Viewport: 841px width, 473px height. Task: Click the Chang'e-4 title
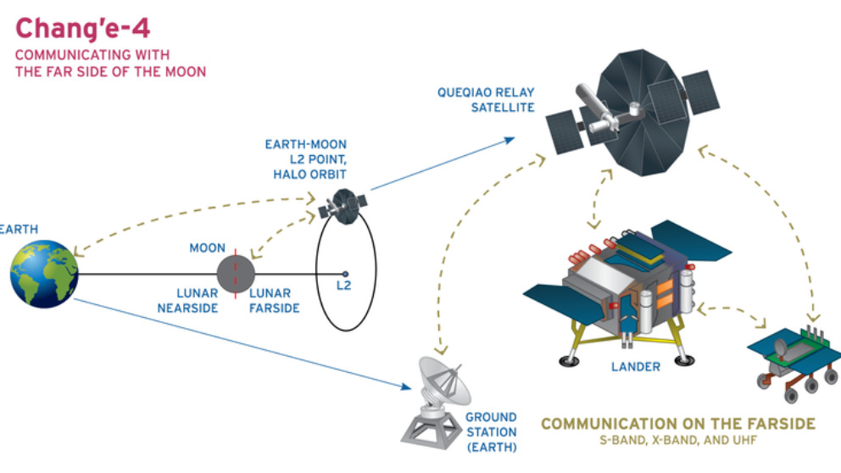83,29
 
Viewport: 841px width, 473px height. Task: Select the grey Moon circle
236,273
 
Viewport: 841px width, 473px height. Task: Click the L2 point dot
345,273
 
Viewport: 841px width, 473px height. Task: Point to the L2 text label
343,287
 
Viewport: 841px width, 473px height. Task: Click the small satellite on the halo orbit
343,203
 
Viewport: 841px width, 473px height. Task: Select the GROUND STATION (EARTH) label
491,431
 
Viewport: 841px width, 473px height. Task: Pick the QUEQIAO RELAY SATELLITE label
486,99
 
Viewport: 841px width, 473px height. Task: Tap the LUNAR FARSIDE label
274,301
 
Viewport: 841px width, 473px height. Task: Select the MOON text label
207,248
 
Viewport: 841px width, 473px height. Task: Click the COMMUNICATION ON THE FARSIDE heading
678,423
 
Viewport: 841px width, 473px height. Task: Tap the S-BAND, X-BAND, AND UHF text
678,441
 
